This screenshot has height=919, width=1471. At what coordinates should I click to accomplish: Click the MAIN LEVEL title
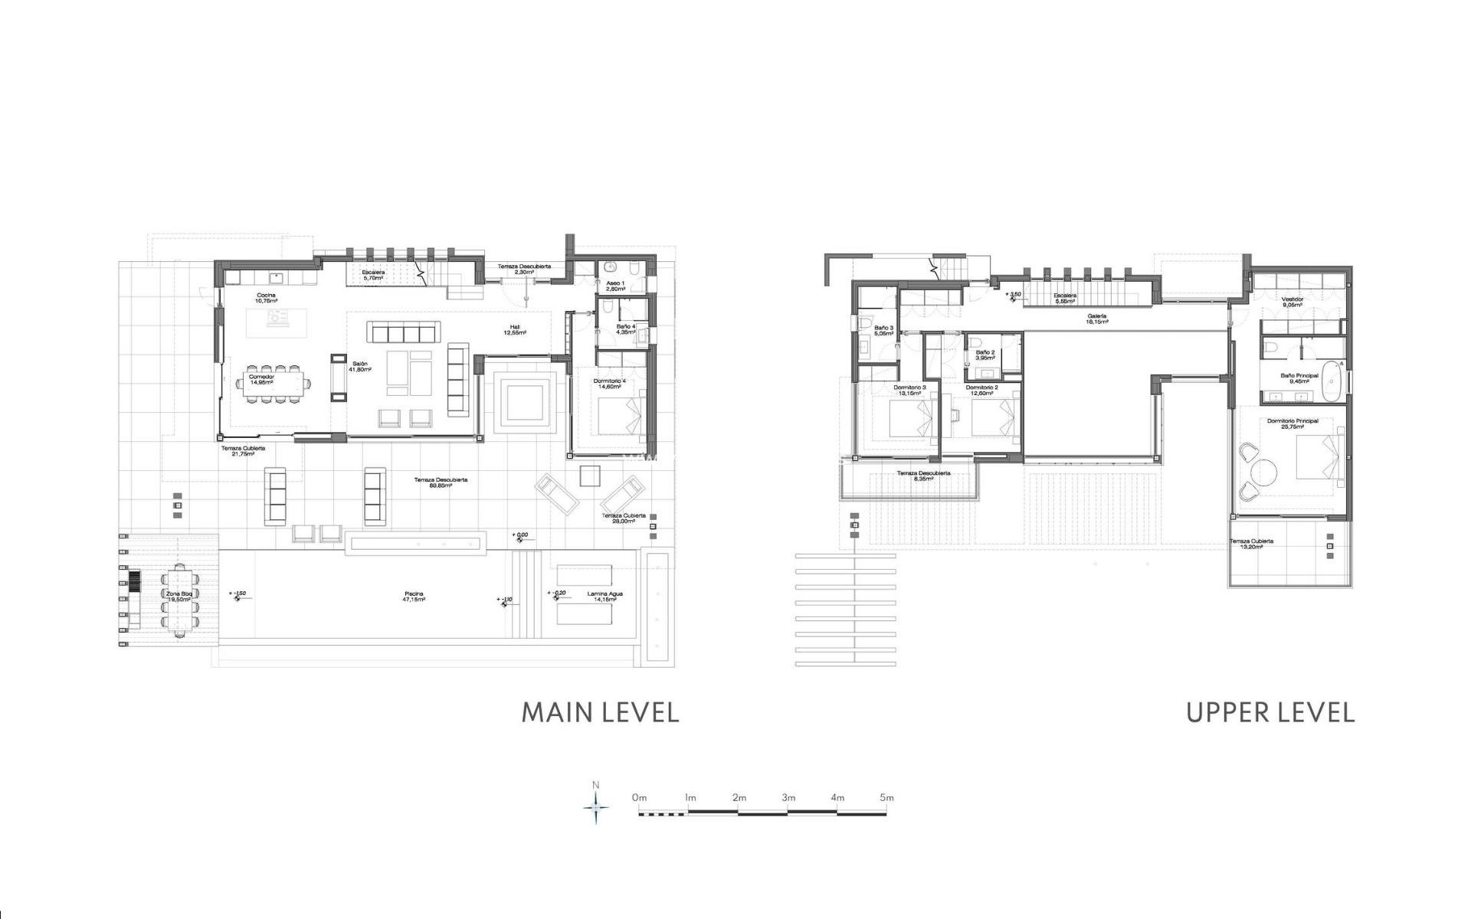pyautogui.click(x=600, y=712)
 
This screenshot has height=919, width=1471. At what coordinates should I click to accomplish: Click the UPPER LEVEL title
pyautogui.click(x=1270, y=712)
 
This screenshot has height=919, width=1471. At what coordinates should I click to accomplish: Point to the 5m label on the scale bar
pyautogui.click(x=886, y=797)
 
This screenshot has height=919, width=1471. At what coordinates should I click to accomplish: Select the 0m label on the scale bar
pyautogui.click(x=640, y=797)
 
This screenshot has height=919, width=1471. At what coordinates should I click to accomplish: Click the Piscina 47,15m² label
pyautogui.click(x=414, y=597)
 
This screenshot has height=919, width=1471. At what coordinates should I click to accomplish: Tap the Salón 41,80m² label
pyautogui.click(x=360, y=366)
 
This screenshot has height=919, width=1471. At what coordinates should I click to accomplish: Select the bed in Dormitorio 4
pyautogui.click(x=621, y=418)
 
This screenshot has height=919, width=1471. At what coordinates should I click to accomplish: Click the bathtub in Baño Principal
pyautogui.click(x=1333, y=380)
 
